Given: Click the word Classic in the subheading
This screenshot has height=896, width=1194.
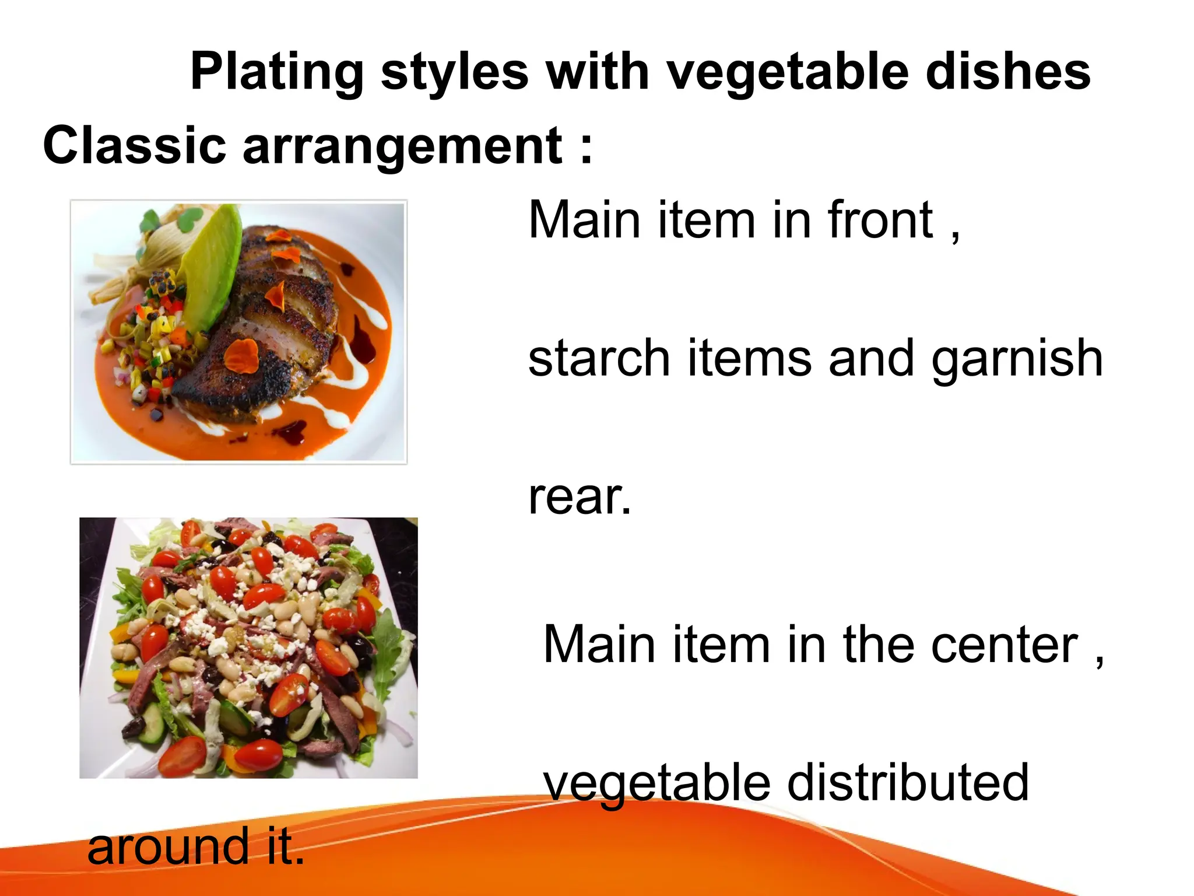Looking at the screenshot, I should (x=135, y=145).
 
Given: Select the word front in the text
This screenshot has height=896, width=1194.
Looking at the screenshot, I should (x=880, y=220).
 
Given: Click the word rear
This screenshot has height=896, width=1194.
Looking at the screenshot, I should (x=579, y=498).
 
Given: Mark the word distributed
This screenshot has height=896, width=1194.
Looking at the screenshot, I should (x=908, y=783).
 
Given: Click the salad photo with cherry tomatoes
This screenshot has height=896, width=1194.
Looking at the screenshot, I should (x=248, y=647).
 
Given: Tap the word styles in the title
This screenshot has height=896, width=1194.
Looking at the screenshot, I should (x=455, y=72).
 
